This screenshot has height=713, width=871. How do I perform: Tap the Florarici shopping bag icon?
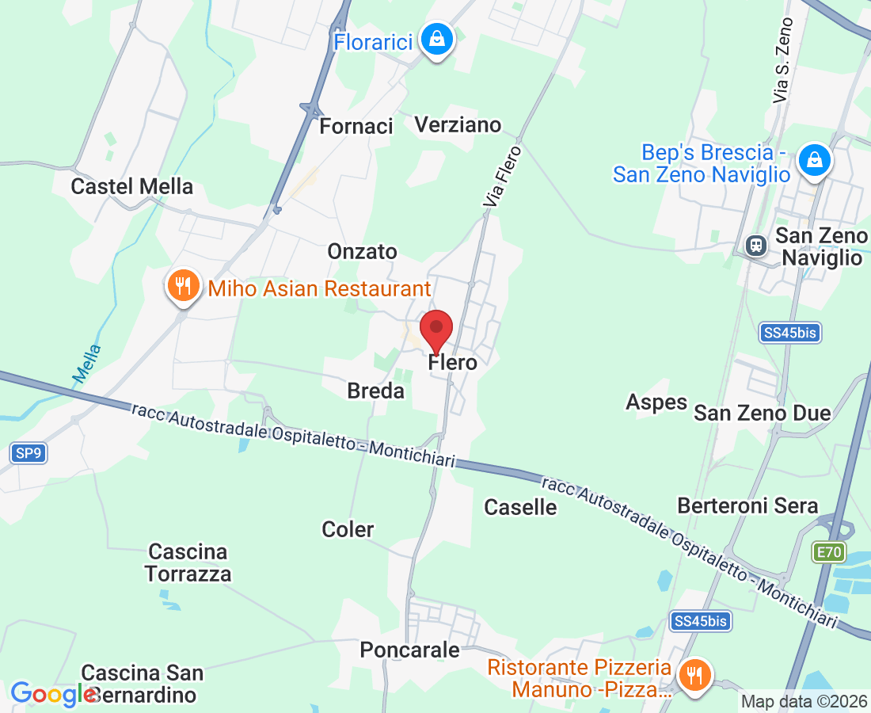point(435,38)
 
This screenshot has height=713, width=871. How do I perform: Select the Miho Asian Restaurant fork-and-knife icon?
point(184,285)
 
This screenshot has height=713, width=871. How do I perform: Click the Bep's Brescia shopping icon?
point(813,161)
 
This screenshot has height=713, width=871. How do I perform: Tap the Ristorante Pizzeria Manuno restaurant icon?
point(694,676)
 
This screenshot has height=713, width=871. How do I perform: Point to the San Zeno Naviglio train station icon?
point(756,245)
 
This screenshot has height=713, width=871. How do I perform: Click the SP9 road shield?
point(27,453)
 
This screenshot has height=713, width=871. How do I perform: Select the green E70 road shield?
point(828,551)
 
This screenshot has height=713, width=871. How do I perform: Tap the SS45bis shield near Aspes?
point(790,333)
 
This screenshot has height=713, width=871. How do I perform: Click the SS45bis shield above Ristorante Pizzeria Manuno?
point(699,621)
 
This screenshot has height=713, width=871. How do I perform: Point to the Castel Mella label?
point(132,186)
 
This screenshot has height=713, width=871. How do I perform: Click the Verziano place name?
point(458,124)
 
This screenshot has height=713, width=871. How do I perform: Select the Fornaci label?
point(356,126)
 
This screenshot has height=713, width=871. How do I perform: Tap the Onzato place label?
point(363,251)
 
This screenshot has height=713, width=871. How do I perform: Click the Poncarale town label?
point(409,650)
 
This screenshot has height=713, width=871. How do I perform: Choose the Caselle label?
point(520,507)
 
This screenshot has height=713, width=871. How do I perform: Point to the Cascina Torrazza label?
point(188,562)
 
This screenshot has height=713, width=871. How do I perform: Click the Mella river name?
point(88,364)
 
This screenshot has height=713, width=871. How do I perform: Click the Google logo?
point(53,694)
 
